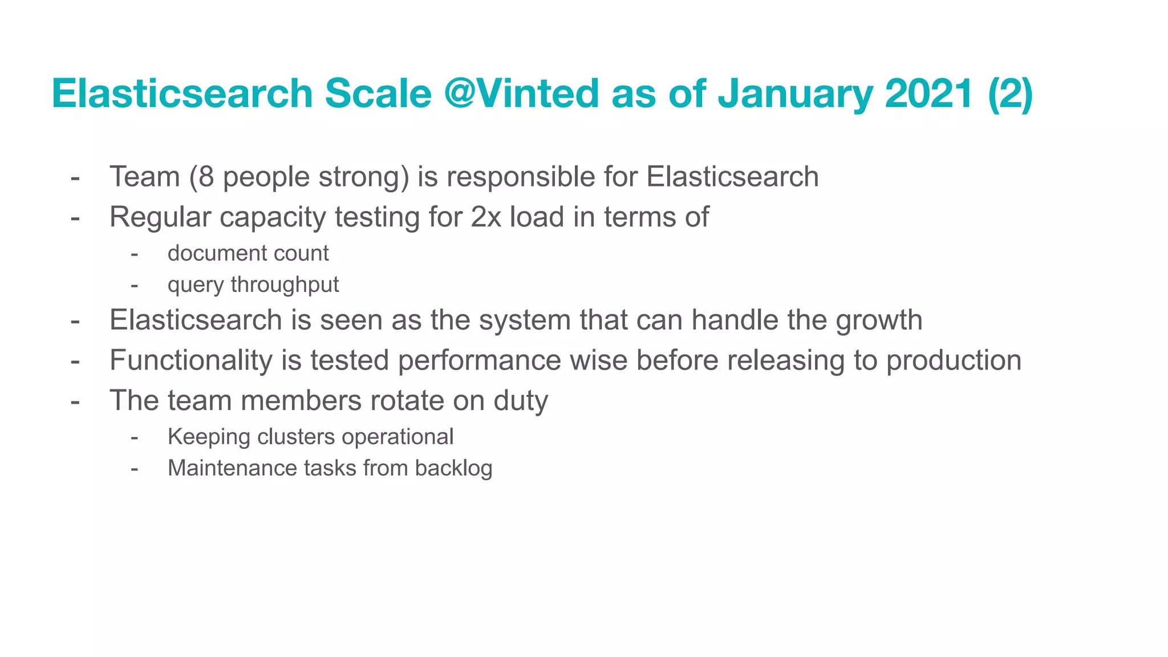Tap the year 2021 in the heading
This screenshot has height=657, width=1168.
tap(928, 93)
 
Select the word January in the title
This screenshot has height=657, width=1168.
tap(795, 93)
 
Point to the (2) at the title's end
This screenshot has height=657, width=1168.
tap(1011, 93)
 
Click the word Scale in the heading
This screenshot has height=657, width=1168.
tap(378, 93)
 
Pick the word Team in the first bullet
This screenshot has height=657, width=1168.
tap(144, 176)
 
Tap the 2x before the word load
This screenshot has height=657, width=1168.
tap(486, 217)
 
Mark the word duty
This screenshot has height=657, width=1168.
tap(520, 400)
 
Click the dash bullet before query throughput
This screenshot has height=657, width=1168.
tap(135, 285)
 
